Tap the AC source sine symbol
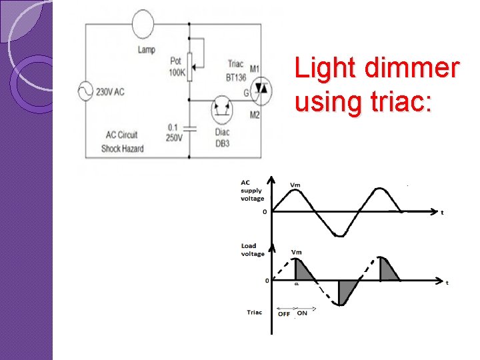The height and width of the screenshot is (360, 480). click(x=86, y=91)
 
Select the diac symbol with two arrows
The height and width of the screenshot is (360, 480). click(x=222, y=109)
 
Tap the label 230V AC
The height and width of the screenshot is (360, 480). click(x=111, y=92)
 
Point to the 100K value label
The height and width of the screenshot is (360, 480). click(x=177, y=72)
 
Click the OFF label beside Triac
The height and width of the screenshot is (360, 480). click(x=284, y=313)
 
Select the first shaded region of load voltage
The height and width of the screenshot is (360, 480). click(x=303, y=270)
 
